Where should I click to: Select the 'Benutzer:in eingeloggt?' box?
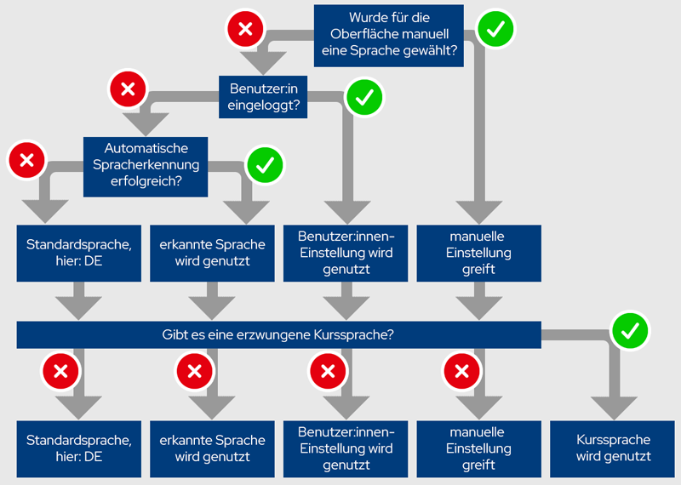(x=264, y=98)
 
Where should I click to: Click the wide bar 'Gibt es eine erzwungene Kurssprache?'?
(x=278, y=334)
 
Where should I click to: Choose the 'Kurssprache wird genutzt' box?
(x=613, y=448)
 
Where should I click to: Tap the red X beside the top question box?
(x=245, y=30)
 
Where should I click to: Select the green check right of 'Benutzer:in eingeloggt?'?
(x=364, y=98)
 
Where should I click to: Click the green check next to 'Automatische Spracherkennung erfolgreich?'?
(x=264, y=164)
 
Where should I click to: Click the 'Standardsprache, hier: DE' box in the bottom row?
(x=78, y=448)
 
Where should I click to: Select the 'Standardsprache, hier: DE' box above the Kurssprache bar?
(x=78, y=253)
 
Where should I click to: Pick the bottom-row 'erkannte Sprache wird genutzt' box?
(x=212, y=448)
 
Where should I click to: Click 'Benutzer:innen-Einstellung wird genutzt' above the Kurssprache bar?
(x=346, y=253)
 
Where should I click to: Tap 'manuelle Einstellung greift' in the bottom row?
(x=479, y=448)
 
